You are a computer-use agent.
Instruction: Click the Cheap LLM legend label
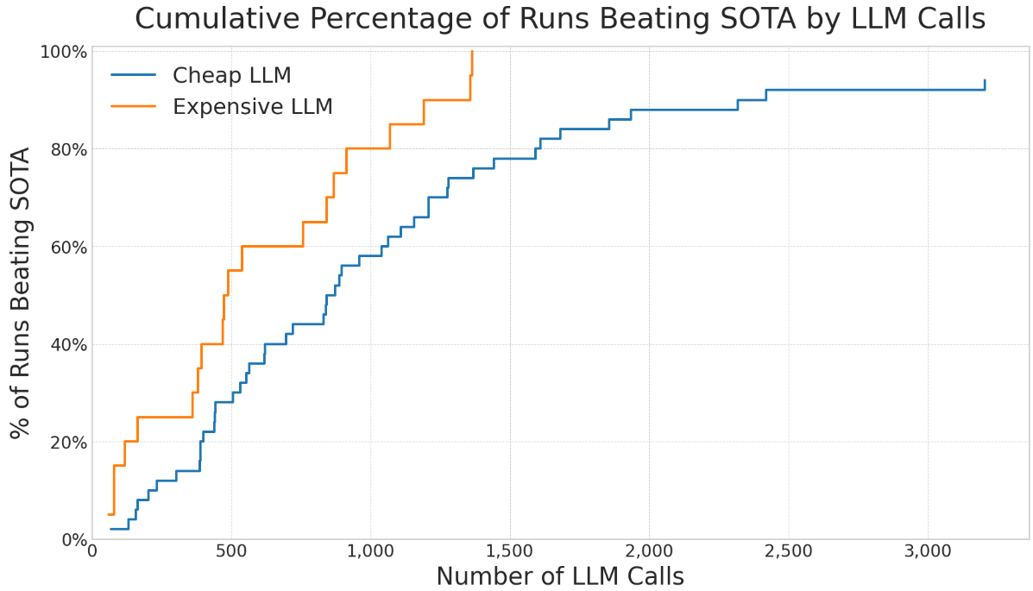[x=231, y=76]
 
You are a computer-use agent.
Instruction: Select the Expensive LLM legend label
[x=252, y=107]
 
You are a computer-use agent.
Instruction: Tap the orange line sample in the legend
[x=133, y=107]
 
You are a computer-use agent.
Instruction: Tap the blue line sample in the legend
[x=133, y=76]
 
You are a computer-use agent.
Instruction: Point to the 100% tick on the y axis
[x=64, y=52]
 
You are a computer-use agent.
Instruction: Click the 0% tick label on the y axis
[x=72, y=540]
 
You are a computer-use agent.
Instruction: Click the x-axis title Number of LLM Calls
[x=559, y=575]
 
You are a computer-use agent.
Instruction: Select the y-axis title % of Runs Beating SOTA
[x=21, y=293]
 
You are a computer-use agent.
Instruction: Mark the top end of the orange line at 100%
[x=472, y=52]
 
